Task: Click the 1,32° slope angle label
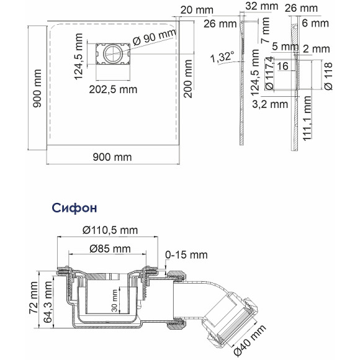(x=222, y=58)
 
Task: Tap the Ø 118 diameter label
(x=327, y=76)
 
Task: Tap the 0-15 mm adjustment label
(x=188, y=255)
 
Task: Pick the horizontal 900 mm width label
(x=113, y=156)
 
